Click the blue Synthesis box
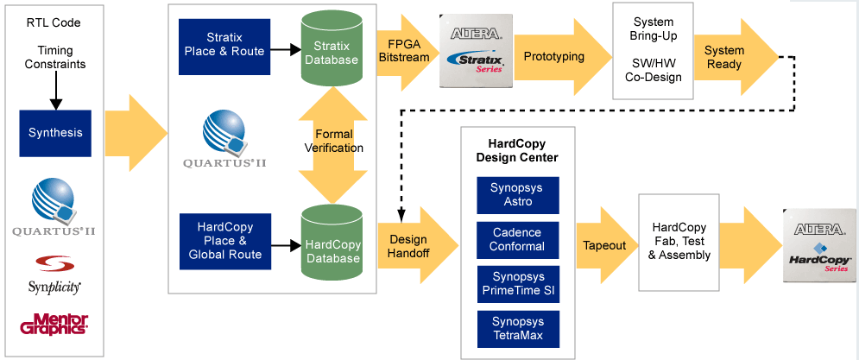point(55,133)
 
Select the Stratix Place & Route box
point(224,47)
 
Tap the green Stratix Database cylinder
point(332,47)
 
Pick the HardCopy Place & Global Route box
point(225,241)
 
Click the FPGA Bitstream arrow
point(407,51)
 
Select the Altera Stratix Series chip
point(476,51)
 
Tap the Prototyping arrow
point(562,57)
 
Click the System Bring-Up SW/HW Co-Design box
point(653,50)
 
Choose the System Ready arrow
point(734,57)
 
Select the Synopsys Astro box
point(518,195)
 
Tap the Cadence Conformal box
point(518,240)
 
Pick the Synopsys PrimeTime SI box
point(518,284)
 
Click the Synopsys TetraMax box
point(518,329)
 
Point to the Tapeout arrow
point(606,245)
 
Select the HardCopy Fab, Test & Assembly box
point(679,242)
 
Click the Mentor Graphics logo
point(54,324)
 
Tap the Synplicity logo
point(54,275)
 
